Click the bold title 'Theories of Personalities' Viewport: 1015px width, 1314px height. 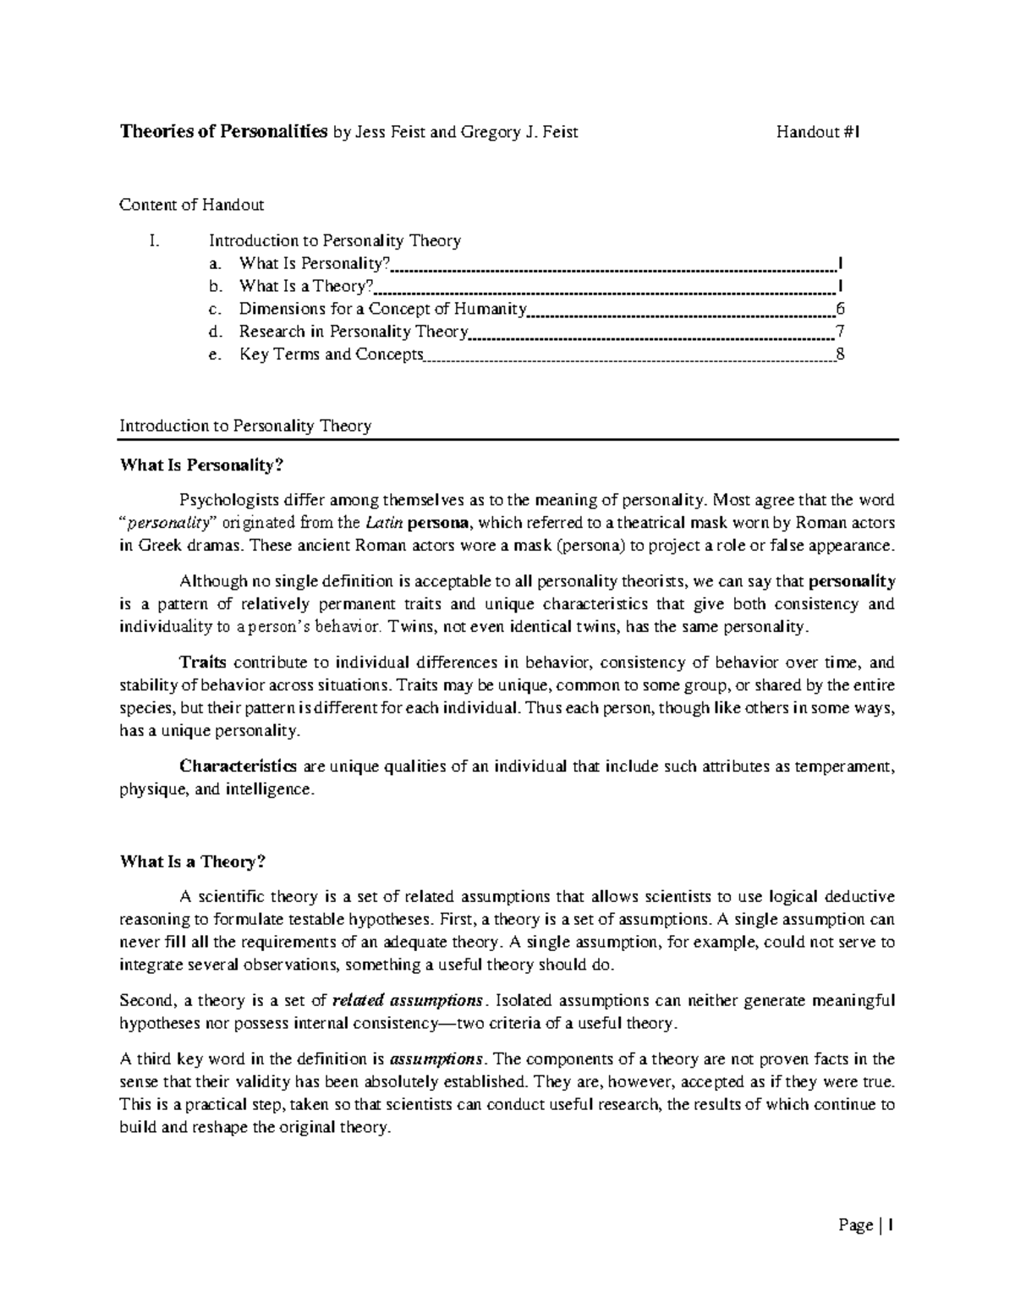pyautogui.click(x=223, y=131)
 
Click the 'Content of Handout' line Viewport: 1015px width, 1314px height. pyautogui.click(x=192, y=205)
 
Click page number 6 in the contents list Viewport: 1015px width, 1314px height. pyautogui.click(x=839, y=309)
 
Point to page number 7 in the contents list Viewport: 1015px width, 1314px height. pyautogui.click(x=839, y=332)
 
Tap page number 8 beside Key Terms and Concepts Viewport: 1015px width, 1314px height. pyautogui.click(x=839, y=355)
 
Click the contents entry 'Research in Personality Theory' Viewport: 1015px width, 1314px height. pyautogui.click(x=354, y=332)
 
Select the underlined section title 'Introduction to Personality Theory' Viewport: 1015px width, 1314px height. pyautogui.click(x=245, y=426)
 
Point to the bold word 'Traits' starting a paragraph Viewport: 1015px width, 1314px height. pyautogui.click(x=203, y=662)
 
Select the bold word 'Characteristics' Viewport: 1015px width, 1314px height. pyautogui.click(x=238, y=767)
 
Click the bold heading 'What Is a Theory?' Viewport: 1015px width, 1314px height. pyautogui.click(x=193, y=862)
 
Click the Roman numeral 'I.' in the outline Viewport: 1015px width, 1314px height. pyautogui.click(x=153, y=241)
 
